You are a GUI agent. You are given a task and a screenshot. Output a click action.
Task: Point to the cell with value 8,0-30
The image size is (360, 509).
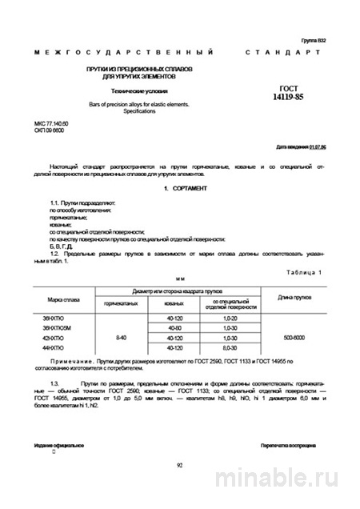(231, 349)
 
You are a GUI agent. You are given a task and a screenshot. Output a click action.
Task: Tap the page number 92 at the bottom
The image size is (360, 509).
(179, 463)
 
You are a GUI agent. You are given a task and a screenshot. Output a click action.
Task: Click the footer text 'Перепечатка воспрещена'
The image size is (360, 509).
(288, 443)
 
